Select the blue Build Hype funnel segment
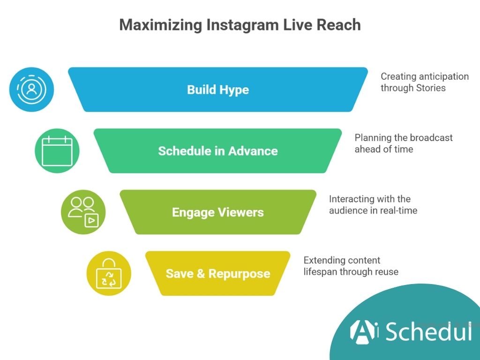click(218, 90)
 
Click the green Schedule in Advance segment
click(218, 151)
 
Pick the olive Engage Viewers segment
click(218, 212)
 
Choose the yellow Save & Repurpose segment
click(218, 274)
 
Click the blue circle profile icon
click(32, 90)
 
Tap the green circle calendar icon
click(57, 151)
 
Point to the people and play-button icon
click(83, 212)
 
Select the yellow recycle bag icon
click(109, 274)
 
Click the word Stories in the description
click(430, 88)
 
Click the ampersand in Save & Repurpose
click(201, 274)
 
